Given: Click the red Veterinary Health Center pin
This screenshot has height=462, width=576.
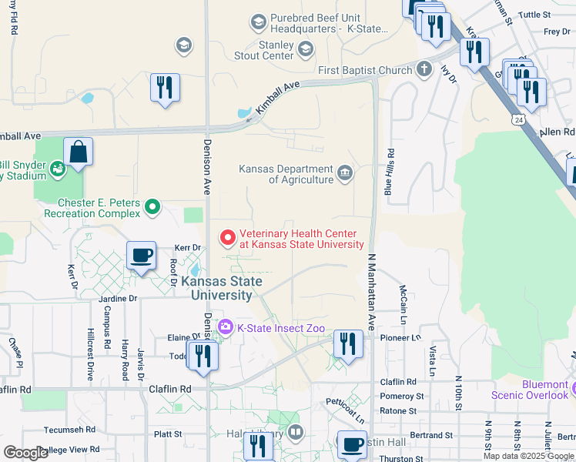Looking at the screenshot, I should [227, 238].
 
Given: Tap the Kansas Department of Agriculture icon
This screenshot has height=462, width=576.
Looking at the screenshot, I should [345, 172].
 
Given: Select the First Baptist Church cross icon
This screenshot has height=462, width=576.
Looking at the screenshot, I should [423, 70].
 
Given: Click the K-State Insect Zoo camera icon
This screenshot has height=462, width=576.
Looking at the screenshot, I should [225, 327].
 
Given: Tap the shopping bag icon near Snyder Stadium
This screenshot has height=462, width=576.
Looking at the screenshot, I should [79, 152].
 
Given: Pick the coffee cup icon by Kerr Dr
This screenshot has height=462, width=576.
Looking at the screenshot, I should [141, 256].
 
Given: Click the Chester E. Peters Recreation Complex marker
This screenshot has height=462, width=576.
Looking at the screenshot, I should [152, 206].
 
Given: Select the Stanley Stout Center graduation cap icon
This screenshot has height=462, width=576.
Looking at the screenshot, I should [305, 50].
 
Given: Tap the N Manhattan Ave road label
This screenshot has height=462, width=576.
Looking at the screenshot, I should [370, 292].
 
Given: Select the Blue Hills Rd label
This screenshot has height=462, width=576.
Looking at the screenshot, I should [390, 176].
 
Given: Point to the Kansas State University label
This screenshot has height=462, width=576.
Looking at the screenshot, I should [221, 288].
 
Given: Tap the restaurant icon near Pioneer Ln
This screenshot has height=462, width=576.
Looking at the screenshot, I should [348, 343].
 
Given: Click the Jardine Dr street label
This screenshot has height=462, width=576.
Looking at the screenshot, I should [117, 298].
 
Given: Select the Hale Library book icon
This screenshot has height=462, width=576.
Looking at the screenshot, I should [296, 433].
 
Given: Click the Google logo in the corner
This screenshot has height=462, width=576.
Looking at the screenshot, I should [25, 453].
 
